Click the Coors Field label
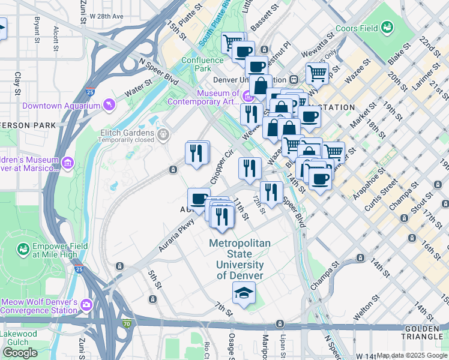tap(357, 28)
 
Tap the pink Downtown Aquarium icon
tap(109, 106)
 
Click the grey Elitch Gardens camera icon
tap(163, 132)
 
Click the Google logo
tap(20, 352)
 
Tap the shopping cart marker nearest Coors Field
tap(317, 73)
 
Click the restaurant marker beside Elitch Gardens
tap(197, 154)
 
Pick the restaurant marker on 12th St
tap(271, 192)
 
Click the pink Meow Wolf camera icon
tap(86, 305)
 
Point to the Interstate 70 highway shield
tap(127, 324)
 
